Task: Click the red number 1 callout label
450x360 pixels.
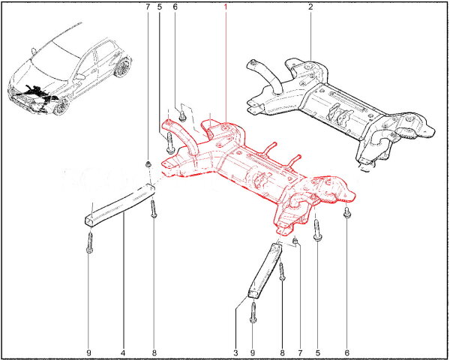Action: click(226, 7)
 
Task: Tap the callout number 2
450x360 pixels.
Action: click(310, 7)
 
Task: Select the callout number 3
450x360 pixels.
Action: click(235, 352)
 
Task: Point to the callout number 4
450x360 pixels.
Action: click(123, 352)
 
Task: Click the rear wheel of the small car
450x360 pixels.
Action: click(123, 67)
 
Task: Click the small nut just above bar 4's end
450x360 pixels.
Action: click(148, 164)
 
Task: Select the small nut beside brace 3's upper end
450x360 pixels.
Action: click(295, 241)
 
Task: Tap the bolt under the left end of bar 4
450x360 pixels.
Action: click(89, 243)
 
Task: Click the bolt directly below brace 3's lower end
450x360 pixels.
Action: click(253, 313)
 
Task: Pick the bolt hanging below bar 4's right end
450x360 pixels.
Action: click(154, 208)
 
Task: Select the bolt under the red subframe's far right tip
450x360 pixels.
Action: click(347, 213)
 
